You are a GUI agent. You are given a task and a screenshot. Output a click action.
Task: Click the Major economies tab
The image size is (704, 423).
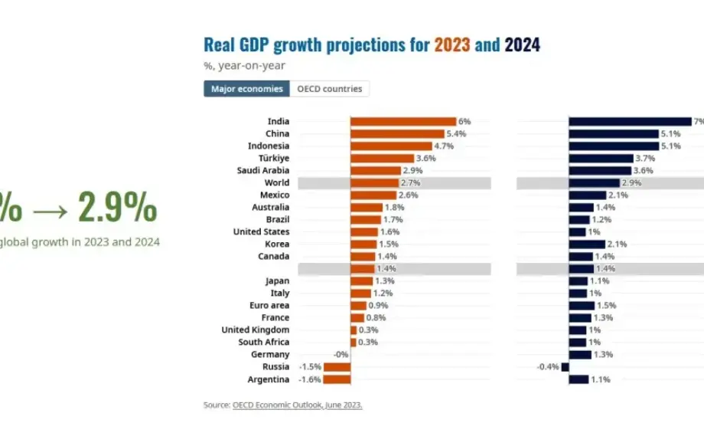tap(246, 89)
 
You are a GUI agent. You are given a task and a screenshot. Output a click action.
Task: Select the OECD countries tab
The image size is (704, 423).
tap(330, 89)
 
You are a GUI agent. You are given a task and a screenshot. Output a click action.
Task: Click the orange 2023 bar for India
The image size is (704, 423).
tap(403, 121)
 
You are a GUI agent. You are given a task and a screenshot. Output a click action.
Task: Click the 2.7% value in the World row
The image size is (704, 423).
tap(410, 183)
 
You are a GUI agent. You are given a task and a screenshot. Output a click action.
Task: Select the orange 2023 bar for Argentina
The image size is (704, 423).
tap(337, 379)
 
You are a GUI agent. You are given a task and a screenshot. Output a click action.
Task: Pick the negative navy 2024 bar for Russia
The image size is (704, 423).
tap(565, 367)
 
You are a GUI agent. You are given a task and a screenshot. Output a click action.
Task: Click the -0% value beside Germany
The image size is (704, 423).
tap(341, 355)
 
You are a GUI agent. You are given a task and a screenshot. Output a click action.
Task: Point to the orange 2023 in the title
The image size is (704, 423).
tap(452, 45)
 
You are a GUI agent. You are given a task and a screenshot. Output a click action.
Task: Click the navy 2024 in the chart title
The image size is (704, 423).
tap(522, 45)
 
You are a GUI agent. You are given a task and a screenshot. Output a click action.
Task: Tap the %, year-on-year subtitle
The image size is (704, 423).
tap(244, 66)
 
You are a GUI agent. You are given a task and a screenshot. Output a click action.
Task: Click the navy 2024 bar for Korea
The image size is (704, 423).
tap(587, 244)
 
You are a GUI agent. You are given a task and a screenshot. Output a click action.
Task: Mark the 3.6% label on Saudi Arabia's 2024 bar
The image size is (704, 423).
tap(643, 171)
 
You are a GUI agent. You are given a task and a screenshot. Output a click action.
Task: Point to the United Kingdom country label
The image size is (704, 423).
tap(256, 330)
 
